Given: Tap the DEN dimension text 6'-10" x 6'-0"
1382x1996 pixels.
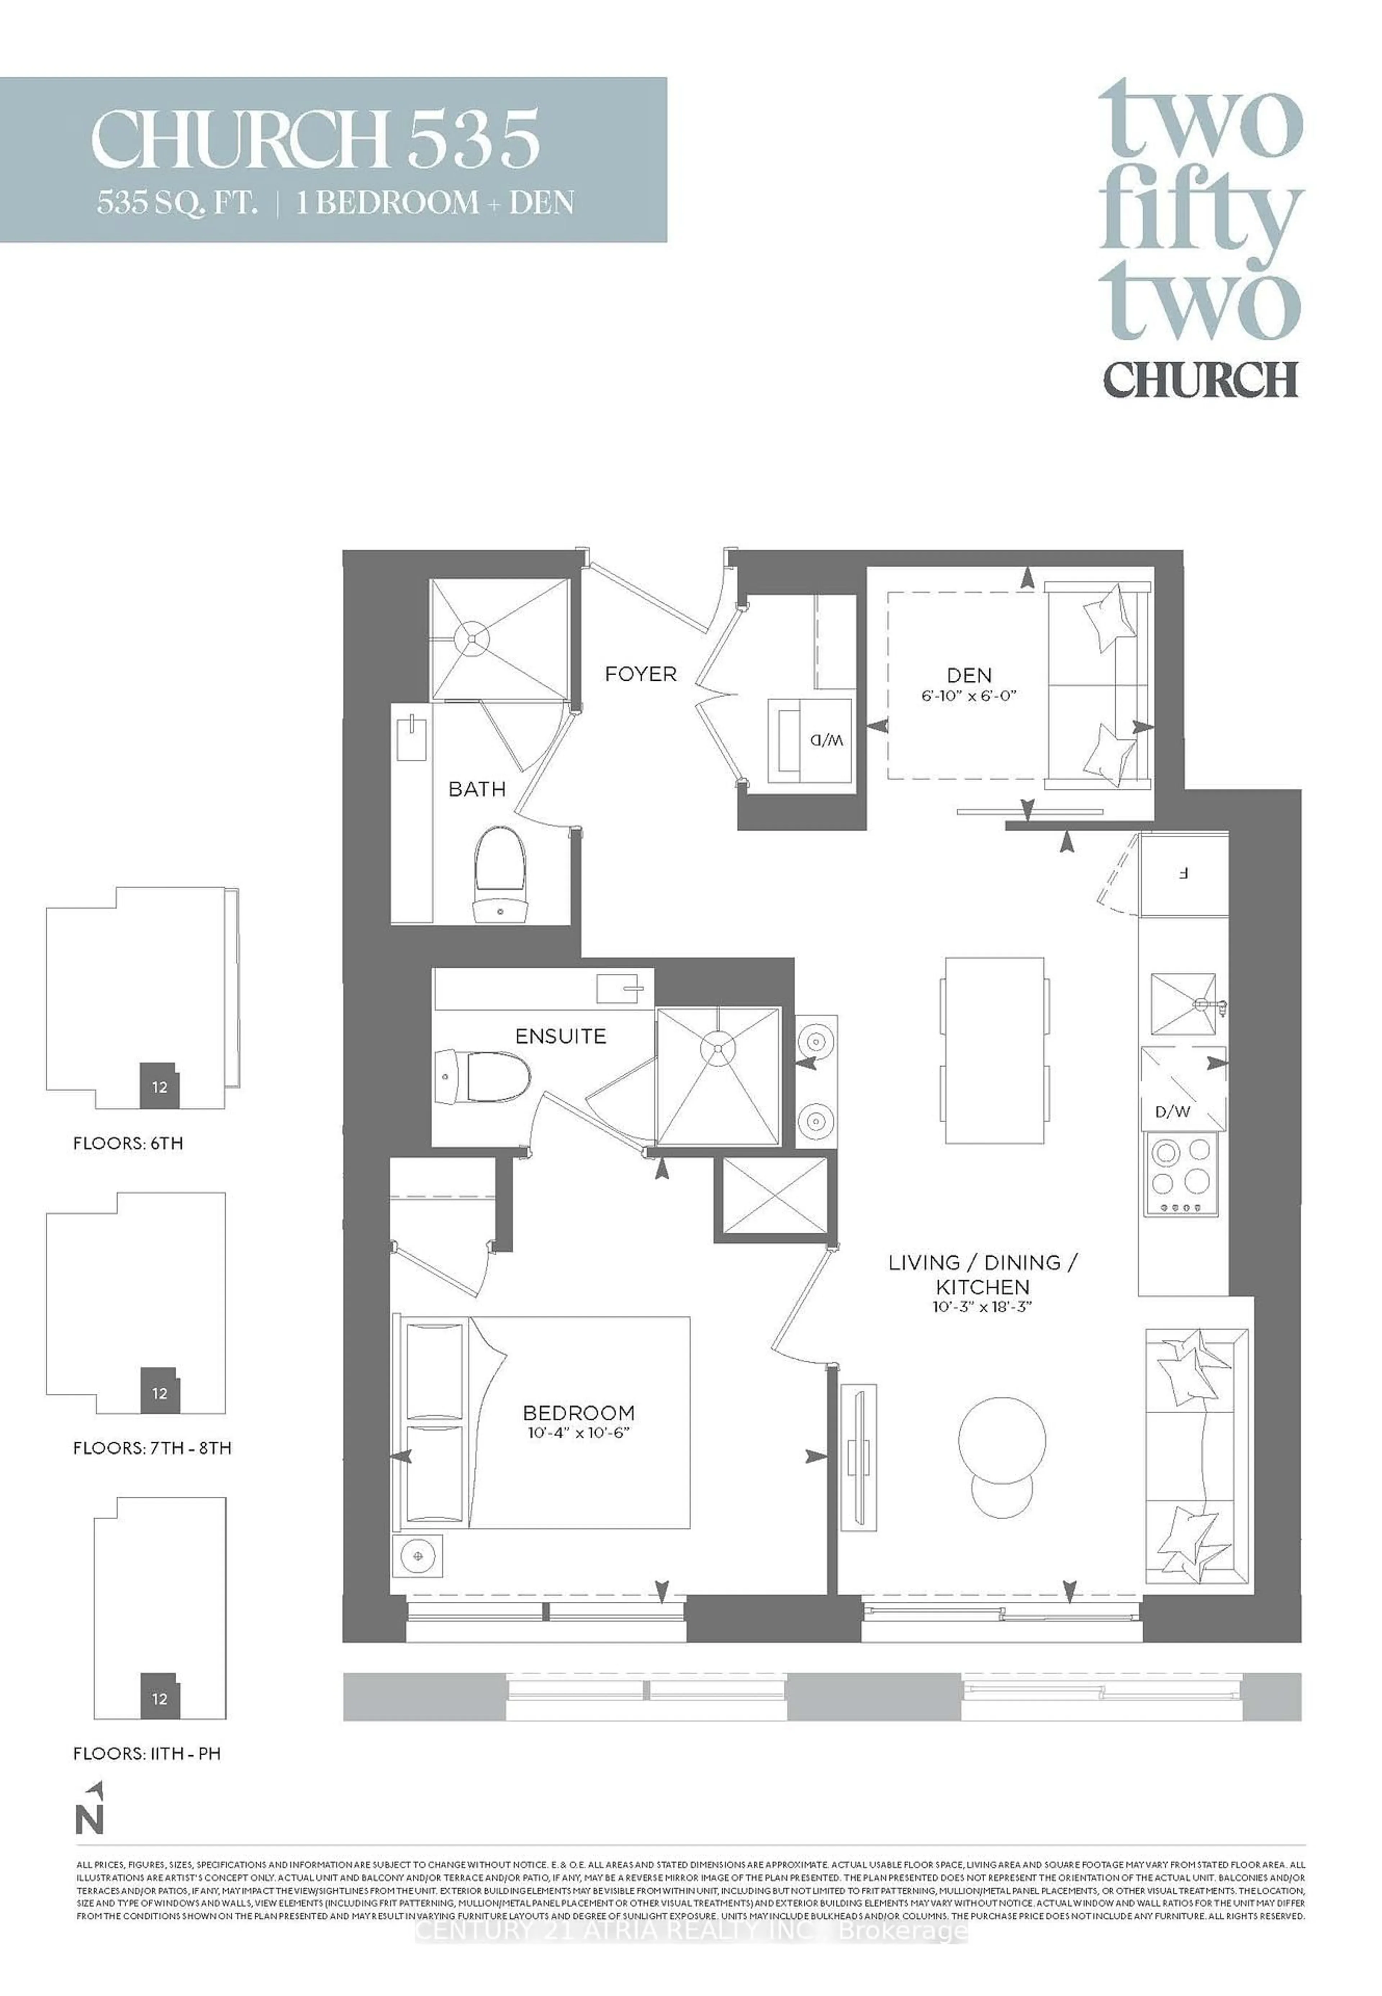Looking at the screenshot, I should (x=969, y=695).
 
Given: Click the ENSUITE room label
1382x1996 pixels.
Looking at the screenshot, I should (x=560, y=1036).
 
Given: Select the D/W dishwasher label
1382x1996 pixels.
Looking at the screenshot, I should (x=1173, y=1111).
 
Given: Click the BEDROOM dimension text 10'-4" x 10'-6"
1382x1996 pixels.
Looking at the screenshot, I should (x=578, y=1433).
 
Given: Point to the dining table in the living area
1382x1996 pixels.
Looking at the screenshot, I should (x=994, y=1050).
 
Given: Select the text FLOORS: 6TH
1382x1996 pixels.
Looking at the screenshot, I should (x=128, y=1143).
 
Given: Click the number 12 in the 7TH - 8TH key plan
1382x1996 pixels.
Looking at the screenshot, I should (x=159, y=1393).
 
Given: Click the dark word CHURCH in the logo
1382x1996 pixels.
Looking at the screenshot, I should (x=1200, y=378).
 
